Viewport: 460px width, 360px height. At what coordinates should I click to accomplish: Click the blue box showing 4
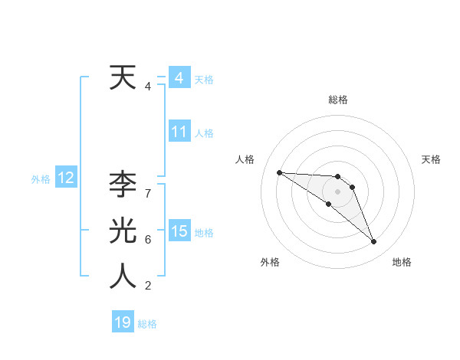(179, 78)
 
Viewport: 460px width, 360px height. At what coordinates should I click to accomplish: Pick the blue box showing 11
(179, 132)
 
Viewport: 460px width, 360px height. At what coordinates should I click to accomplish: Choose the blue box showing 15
(179, 231)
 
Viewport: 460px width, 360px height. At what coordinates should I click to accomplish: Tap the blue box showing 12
(65, 178)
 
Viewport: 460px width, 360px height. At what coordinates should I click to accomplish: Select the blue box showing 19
(123, 322)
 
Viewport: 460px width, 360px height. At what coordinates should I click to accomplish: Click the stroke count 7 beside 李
(148, 193)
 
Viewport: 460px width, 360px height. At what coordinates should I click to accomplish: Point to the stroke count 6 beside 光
(148, 240)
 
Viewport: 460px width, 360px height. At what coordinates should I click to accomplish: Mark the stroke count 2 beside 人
(148, 286)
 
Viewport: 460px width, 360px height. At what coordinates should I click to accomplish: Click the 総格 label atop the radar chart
(338, 100)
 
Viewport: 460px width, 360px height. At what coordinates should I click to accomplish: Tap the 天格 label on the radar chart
(431, 159)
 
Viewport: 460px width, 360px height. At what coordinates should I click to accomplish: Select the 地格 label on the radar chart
(402, 262)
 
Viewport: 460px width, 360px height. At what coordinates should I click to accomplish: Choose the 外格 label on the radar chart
(270, 262)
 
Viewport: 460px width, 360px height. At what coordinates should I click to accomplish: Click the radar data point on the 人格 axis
(279, 172)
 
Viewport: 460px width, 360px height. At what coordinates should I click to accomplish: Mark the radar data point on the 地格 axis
(373, 242)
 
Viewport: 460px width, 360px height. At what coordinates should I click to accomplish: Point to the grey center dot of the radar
(337, 191)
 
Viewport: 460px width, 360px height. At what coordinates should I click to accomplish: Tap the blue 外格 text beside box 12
(40, 179)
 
